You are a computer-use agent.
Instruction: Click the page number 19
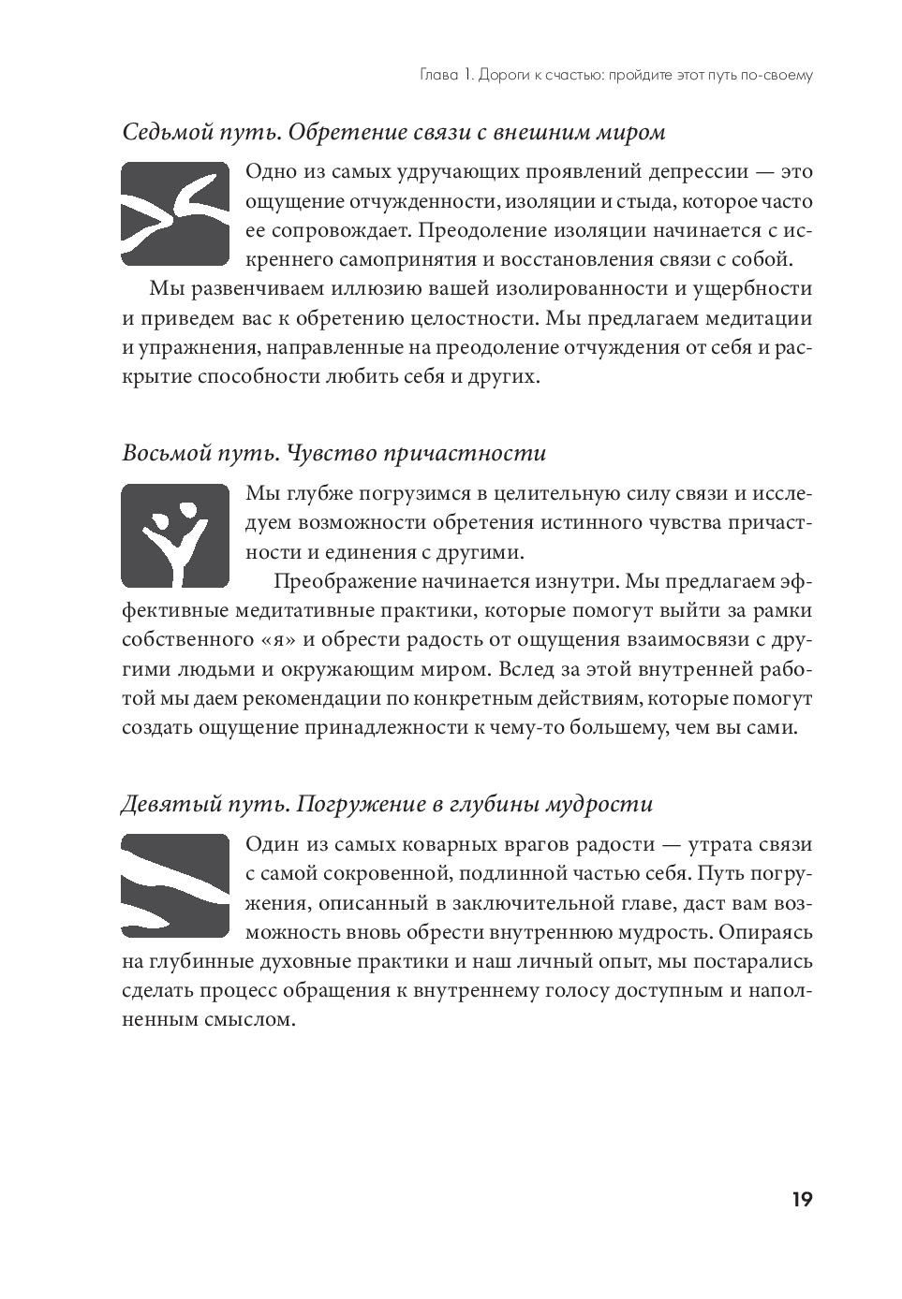click(801, 1201)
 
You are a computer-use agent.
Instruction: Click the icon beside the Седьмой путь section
click(175, 213)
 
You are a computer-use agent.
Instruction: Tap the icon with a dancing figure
click(175, 535)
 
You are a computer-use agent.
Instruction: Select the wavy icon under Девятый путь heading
click(175, 885)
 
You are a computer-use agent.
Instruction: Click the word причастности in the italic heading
click(486, 454)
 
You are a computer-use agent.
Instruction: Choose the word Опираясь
click(766, 933)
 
